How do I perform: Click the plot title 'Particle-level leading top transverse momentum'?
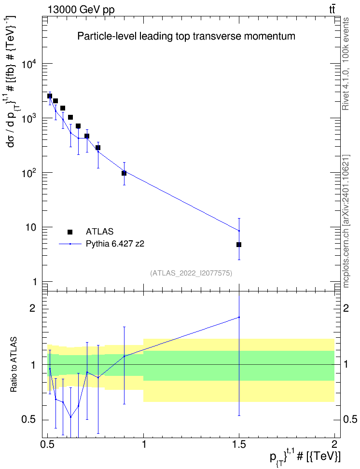click(186, 36)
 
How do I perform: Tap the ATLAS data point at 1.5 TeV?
click(239, 245)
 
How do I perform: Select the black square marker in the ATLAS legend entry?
click(70, 232)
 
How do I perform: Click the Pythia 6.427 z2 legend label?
click(115, 244)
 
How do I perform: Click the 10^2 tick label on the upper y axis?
click(29, 173)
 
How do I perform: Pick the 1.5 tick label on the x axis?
click(239, 444)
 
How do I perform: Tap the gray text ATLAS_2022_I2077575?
click(191, 273)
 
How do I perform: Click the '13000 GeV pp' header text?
click(81, 10)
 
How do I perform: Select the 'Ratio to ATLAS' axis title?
click(14, 364)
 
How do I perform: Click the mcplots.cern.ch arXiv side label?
click(346, 221)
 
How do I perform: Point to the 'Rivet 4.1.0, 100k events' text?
click(346, 64)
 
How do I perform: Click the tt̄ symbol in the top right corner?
click(332, 10)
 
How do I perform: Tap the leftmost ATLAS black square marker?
click(50, 96)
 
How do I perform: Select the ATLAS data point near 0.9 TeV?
click(124, 173)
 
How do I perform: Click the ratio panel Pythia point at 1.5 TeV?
click(239, 317)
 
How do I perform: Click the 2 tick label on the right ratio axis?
click(346, 308)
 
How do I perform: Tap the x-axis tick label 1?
click(144, 444)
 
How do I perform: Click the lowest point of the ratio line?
click(70, 417)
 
